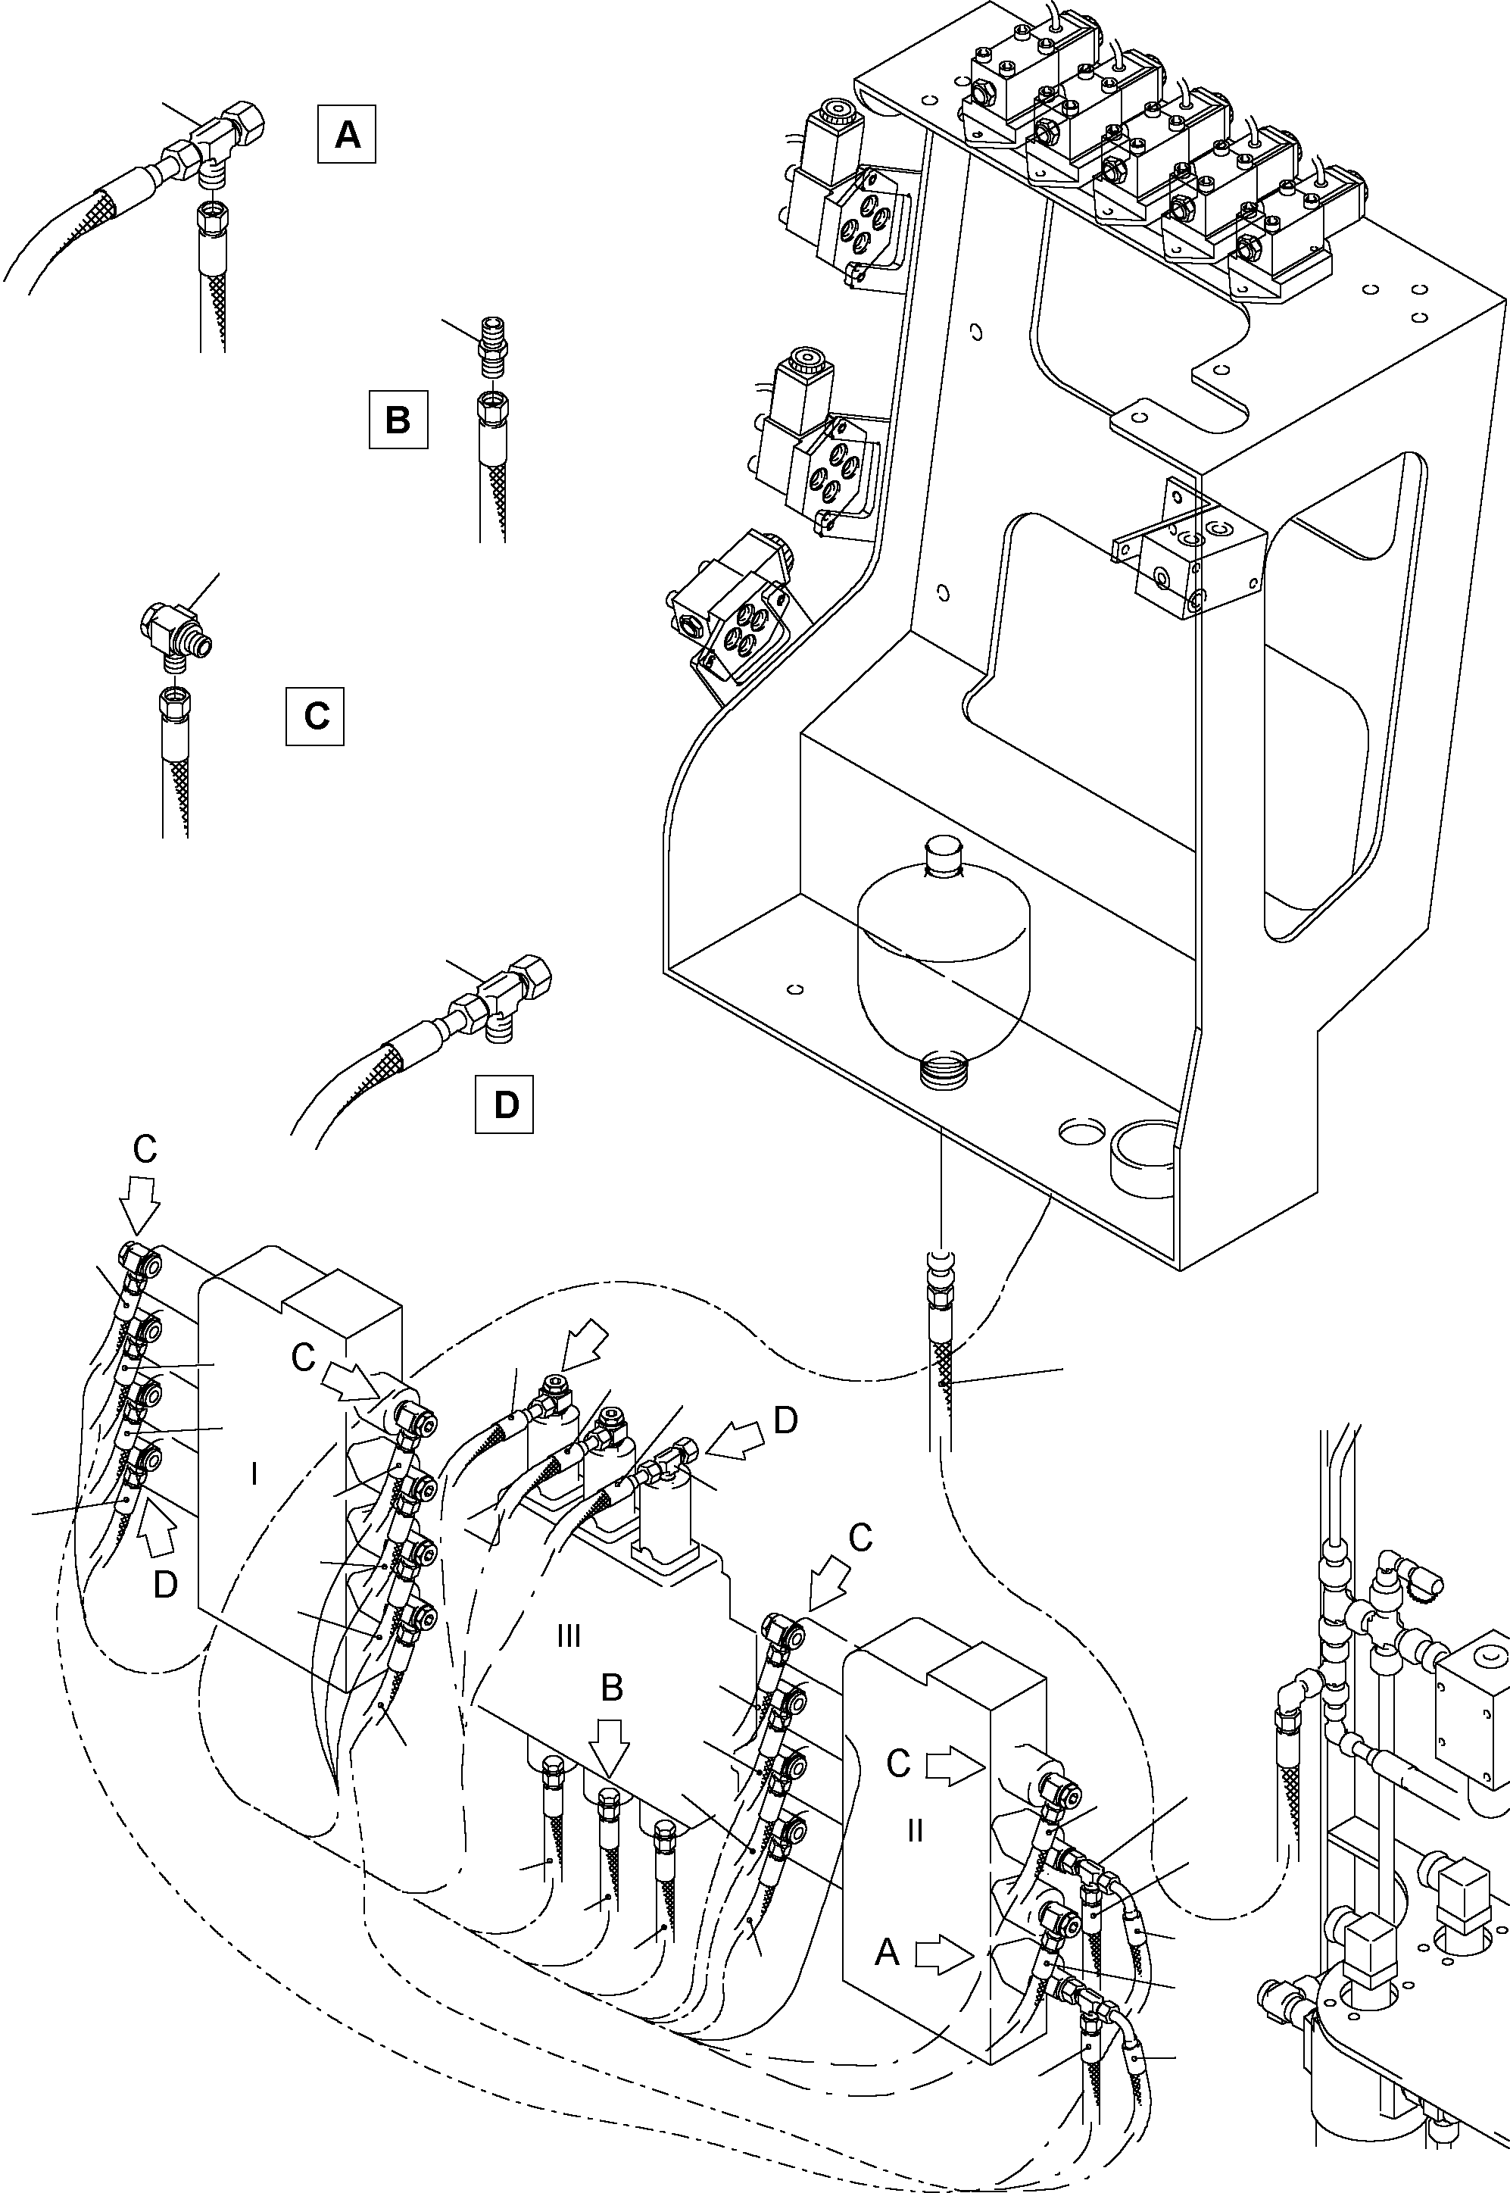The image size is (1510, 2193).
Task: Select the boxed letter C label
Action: click(x=315, y=716)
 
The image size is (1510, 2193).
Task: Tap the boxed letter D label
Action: click(x=504, y=1103)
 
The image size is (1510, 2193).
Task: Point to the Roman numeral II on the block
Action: click(x=914, y=1830)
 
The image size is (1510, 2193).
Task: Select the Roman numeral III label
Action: click(x=568, y=1635)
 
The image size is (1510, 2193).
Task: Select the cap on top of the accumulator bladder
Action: click(x=941, y=854)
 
